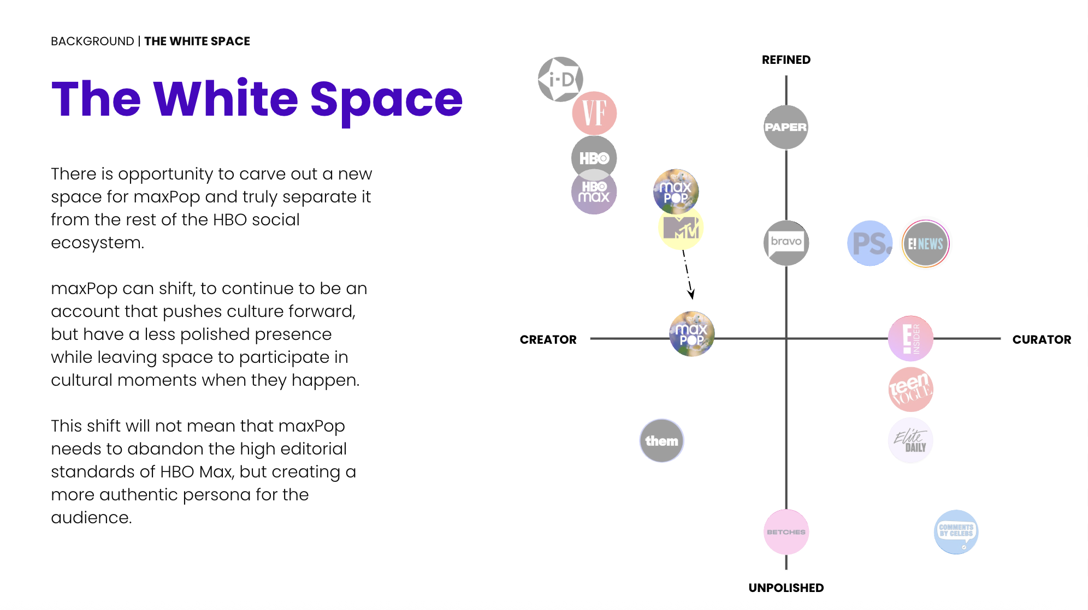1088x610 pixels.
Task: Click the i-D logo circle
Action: click(560, 79)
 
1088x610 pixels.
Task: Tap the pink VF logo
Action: click(594, 113)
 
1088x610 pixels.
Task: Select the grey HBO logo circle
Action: click(594, 158)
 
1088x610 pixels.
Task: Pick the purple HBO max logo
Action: click(594, 193)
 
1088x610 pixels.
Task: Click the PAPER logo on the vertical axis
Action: click(785, 127)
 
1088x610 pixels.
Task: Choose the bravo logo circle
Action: click(786, 243)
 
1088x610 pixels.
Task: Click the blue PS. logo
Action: click(870, 243)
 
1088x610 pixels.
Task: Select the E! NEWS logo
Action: click(925, 243)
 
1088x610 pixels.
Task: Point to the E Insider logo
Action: click(910, 338)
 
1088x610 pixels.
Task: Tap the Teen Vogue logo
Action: click(910, 390)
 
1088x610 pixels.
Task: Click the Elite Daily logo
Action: click(910, 440)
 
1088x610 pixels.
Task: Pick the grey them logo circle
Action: click(661, 441)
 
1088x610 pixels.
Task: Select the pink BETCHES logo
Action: click(786, 532)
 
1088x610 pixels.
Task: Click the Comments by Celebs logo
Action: click(956, 532)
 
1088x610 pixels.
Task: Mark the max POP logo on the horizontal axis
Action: click(692, 334)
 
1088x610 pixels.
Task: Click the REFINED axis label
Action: click(786, 60)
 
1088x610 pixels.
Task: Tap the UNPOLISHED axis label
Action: click(786, 588)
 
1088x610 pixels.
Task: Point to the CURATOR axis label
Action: click(1042, 340)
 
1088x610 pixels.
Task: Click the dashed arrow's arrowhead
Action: click(691, 295)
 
